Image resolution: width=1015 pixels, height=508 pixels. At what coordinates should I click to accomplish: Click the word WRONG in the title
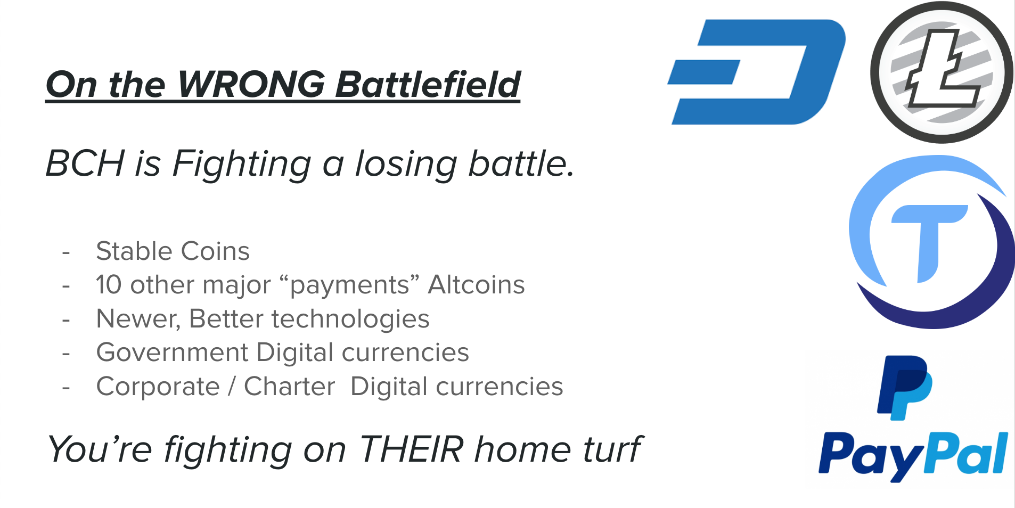pos(251,84)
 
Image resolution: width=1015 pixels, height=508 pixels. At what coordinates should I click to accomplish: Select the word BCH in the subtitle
pos(85,163)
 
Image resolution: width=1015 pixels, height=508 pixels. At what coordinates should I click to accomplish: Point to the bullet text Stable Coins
pos(173,251)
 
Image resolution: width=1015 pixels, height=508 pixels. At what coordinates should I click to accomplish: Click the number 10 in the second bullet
pos(109,285)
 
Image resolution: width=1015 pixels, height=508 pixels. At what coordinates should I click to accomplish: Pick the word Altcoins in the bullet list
pos(477,284)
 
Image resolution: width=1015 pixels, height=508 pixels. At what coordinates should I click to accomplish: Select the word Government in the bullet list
pos(172,353)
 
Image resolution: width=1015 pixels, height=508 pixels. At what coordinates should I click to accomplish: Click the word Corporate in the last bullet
pos(158,387)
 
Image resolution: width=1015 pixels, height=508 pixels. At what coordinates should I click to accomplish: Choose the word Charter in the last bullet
pos(290,386)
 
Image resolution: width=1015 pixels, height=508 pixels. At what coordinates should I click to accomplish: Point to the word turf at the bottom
pos(613,449)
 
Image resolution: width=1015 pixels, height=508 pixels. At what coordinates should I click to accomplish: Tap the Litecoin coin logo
pos(942,72)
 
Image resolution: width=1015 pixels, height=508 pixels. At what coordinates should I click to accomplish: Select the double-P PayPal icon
pos(904,388)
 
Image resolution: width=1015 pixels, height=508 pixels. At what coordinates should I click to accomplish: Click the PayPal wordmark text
pos(913,455)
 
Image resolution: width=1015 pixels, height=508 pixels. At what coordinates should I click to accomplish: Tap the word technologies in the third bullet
pos(350,319)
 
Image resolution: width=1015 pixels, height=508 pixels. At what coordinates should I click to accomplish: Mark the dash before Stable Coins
pos(66,252)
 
